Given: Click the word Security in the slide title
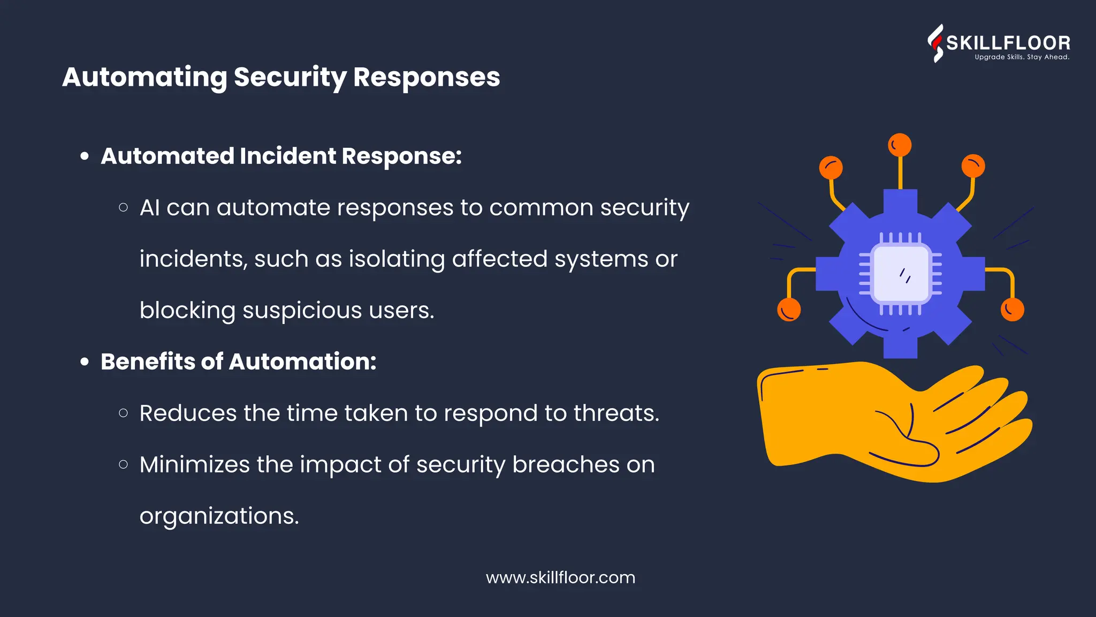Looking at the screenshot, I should point(290,78).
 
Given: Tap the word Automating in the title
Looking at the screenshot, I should point(144,78).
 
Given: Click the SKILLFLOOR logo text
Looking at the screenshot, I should point(1008,43).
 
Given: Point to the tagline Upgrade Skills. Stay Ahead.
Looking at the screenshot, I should point(1022,57).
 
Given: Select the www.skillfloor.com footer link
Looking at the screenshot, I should point(560,577).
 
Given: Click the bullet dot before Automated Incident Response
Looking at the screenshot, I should point(85,156).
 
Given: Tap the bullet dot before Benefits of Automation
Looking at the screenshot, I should point(85,362).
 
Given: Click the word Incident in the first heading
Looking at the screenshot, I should point(287,156).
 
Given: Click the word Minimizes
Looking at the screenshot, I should point(194,464).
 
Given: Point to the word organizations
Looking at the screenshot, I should point(219,516).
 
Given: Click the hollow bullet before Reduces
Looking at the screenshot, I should point(124,413).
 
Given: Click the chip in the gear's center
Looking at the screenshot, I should point(900,274).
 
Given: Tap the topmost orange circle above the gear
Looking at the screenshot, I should point(900,145).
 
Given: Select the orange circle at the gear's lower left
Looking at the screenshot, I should point(789,310).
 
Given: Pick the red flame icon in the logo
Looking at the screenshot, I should point(935,43).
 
